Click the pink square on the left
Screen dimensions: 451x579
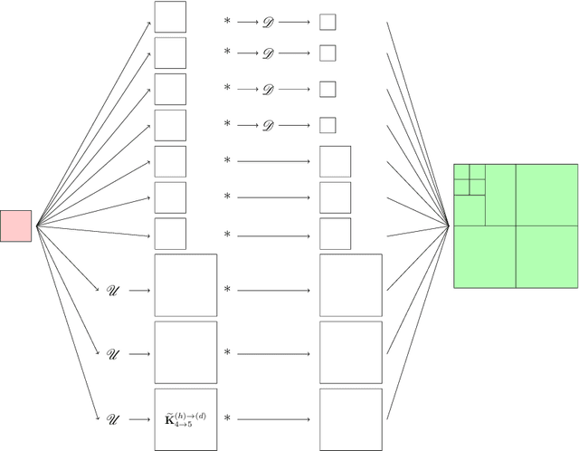point(15,225)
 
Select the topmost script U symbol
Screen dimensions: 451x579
point(112,290)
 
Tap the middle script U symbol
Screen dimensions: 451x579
point(112,353)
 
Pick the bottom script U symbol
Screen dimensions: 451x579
point(112,418)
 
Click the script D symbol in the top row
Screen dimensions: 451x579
point(267,19)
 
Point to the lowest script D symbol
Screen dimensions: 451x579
point(267,124)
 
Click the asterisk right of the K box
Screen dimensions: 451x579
point(227,418)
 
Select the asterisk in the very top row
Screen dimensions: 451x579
point(227,19)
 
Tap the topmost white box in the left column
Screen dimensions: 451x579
point(170,17)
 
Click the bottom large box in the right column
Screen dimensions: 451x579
point(351,419)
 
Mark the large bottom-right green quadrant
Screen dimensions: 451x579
point(546,256)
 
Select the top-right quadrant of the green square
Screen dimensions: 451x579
point(546,195)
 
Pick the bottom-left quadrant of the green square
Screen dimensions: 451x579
point(484,256)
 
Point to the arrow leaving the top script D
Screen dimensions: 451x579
point(295,19)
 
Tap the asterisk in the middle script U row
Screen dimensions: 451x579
point(227,353)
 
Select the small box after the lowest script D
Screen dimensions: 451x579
point(327,124)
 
